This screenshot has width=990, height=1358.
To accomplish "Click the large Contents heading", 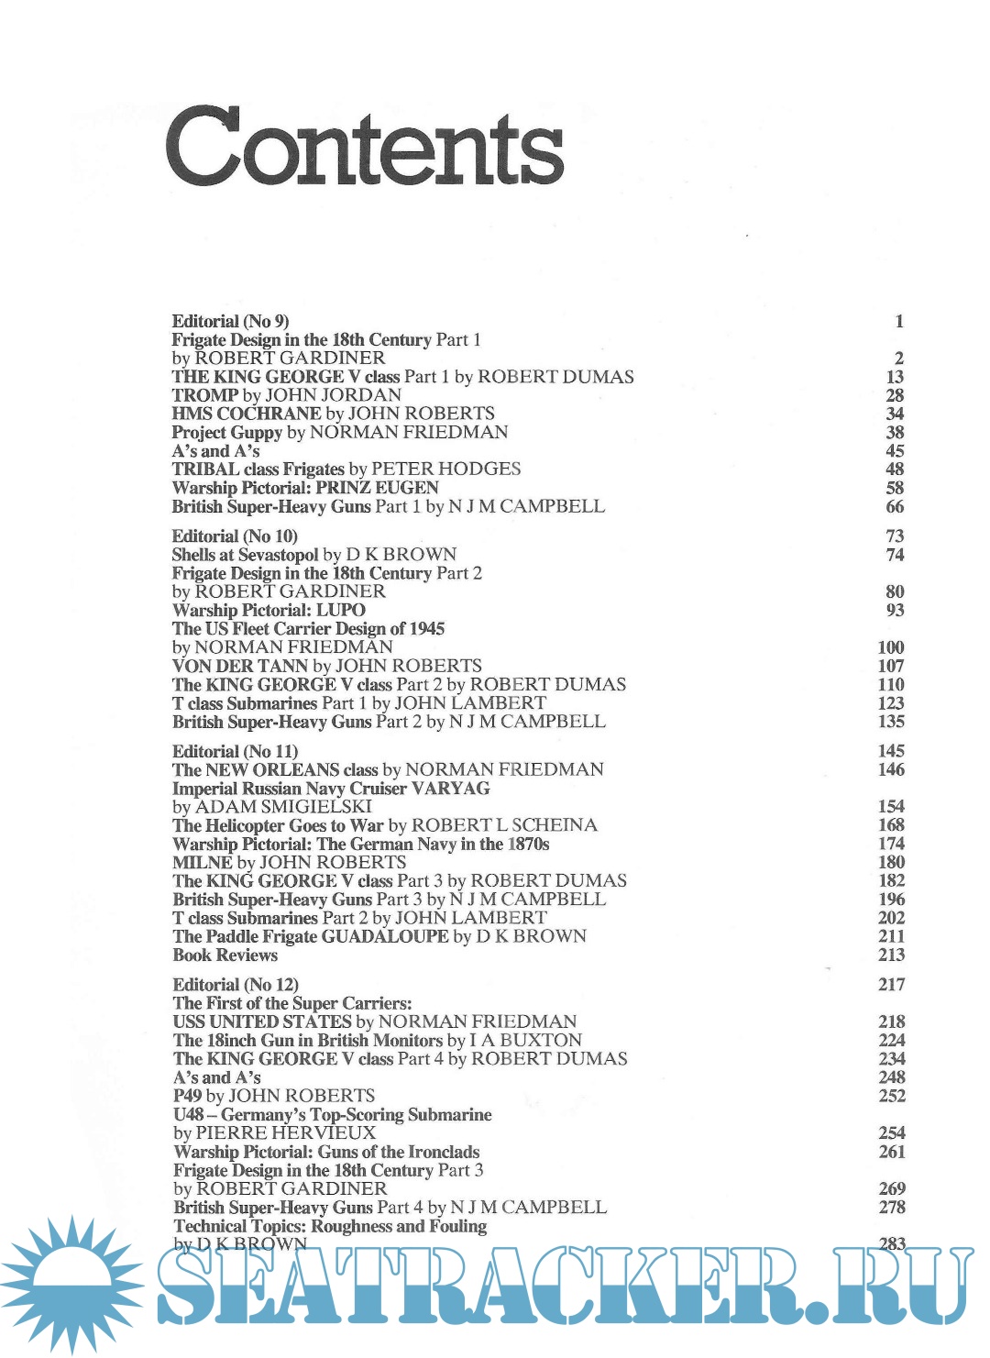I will point(364,147).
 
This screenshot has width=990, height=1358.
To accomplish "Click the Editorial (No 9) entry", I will point(230,321).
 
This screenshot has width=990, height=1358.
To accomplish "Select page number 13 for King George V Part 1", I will point(895,377).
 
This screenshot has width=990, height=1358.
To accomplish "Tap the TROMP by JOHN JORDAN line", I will point(286,395).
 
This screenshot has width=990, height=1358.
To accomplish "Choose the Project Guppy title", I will point(227,432).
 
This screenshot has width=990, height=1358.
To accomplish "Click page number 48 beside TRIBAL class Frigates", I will point(895,469).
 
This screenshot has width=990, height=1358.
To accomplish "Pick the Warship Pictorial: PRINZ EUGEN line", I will point(305,488).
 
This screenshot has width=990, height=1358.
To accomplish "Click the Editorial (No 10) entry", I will point(235,536).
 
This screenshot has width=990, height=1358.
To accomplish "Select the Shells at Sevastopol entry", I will point(245,555).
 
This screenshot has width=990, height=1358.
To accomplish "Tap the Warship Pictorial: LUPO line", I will point(269,610).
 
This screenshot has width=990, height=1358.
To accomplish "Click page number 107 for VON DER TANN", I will point(891,666).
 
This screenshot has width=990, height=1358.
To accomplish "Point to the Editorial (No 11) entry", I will point(235,751).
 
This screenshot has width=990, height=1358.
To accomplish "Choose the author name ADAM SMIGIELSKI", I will point(283,807).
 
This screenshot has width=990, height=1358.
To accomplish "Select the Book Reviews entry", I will point(225,955).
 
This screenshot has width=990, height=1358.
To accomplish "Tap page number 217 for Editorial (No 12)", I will point(891,985).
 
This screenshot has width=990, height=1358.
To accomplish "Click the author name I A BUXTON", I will point(525,1041).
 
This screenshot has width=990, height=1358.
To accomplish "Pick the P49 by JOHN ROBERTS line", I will point(274,1096).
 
